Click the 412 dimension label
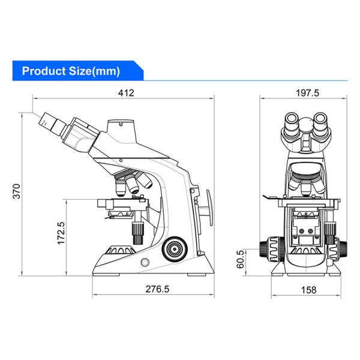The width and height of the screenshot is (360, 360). click(x=126, y=93)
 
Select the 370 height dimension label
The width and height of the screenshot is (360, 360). click(x=17, y=191)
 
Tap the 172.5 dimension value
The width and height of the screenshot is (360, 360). click(x=61, y=233)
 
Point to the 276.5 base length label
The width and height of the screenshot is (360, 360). click(x=157, y=289)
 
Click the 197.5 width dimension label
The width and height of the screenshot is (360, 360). click(x=307, y=93)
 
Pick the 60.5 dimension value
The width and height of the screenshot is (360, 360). click(x=241, y=259)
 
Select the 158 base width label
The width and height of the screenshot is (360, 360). click(x=309, y=290)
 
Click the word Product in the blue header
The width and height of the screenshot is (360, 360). click(x=44, y=71)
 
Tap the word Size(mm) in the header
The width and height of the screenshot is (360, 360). click(x=94, y=71)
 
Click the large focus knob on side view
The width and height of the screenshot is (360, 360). click(x=175, y=249)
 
